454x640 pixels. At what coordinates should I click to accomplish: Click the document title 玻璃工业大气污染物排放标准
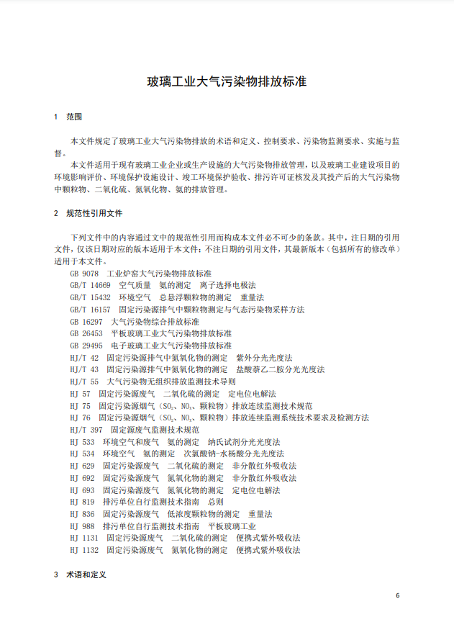[227, 81]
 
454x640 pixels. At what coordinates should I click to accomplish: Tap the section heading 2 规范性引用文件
[88, 213]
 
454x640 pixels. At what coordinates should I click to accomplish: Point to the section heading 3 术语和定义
[80, 574]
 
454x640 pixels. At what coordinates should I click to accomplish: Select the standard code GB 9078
[84, 274]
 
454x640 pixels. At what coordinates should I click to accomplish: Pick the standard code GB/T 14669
[90, 286]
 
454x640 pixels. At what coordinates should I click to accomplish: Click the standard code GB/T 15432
[90, 298]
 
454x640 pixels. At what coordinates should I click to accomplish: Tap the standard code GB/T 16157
[90, 310]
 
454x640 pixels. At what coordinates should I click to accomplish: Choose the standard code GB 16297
[86, 322]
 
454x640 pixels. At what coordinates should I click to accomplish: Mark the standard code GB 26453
[86, 334]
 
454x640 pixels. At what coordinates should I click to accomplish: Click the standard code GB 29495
[86, 346]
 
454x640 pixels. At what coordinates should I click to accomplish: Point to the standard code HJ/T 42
[84, 358]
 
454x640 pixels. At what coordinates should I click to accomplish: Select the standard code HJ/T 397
[86, 430]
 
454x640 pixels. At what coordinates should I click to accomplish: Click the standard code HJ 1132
[84, 550]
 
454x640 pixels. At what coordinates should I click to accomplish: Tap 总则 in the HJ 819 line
[216, 502]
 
